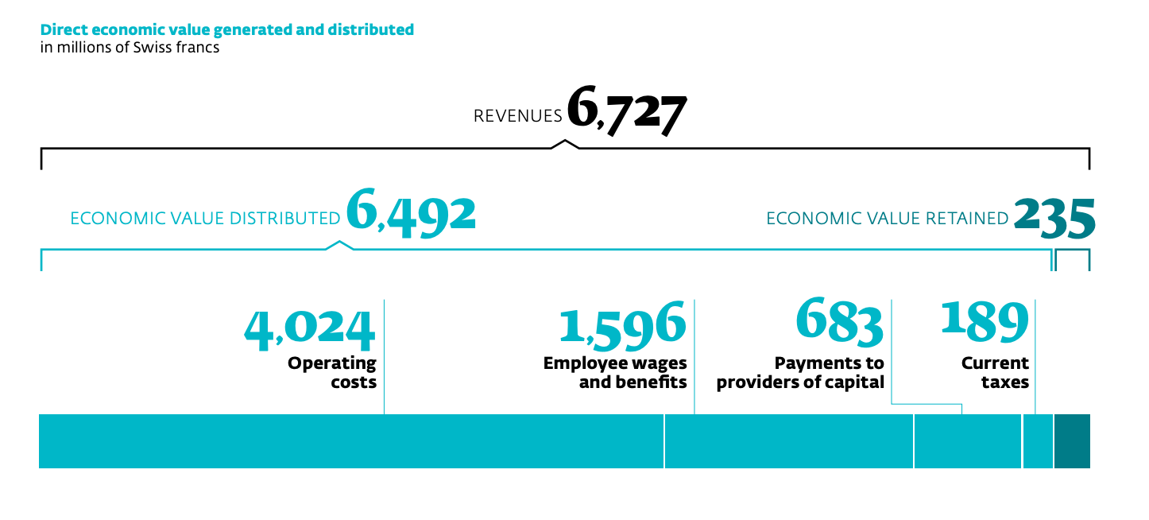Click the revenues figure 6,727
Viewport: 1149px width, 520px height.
[x=626, y=114]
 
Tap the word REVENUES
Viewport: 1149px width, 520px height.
[x=517, y=116]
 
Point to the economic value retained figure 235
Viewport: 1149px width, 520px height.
[x=1054, y=217]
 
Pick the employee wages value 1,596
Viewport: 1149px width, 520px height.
[x=622, y=325]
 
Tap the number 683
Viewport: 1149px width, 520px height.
[x=839, y=322]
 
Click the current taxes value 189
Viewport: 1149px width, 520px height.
[x=985, y=320]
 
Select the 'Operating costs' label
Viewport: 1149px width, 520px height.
[x=332, y=373]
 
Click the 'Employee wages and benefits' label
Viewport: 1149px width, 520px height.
[x=615, y=373]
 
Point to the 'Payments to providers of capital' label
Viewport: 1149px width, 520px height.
[x=800, y=373]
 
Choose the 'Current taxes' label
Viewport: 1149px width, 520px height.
[x=995, y=373]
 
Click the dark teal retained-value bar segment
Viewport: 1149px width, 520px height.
[x=1072, y=441]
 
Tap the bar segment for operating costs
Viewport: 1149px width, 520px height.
[x=351, y=441]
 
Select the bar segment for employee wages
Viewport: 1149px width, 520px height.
[x=788, y=441]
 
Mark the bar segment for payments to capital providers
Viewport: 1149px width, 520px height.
[x=968, y=441]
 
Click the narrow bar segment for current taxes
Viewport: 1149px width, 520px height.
[x=1038, y=441]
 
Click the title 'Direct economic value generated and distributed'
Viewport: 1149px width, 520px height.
[x=227, y=30]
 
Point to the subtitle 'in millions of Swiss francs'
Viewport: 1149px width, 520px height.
[x=130, y=48]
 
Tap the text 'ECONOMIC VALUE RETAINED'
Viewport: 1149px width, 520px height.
[x=887, y=219]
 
